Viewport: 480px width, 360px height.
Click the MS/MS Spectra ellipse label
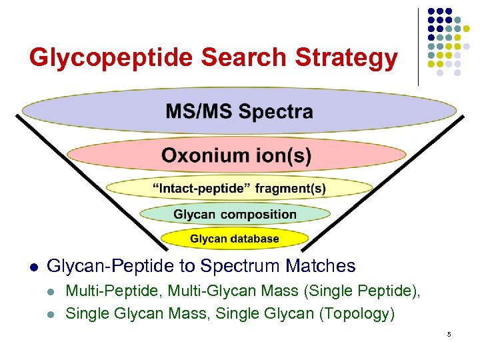point(239,111)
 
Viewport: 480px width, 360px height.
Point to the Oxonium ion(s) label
point(236,156)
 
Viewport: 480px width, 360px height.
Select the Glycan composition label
point(235,214)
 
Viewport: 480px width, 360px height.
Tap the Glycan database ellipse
point(235,238)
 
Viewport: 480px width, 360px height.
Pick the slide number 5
point(449,334)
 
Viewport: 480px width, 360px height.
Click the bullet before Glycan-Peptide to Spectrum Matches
point(33,267)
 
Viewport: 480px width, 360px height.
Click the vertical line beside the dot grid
point(418,47)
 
